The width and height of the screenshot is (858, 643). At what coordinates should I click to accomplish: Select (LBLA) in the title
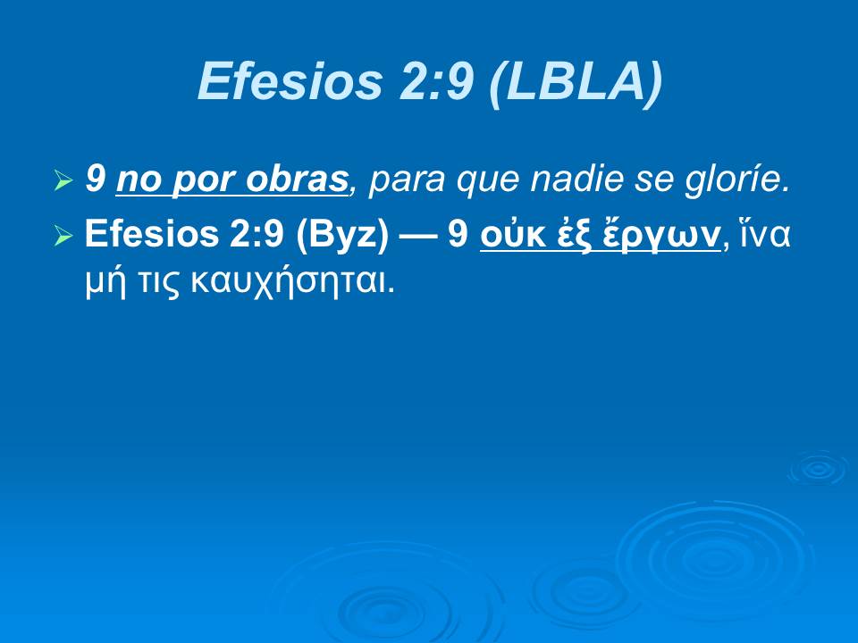[576, 82]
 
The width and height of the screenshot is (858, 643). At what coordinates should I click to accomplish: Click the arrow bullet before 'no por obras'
[63, 182]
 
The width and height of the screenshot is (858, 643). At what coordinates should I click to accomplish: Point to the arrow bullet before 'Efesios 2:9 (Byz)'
[63, 236]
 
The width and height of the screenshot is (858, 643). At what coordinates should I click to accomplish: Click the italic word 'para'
[400, 181]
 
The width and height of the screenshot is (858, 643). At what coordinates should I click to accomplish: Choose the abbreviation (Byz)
[349, 235]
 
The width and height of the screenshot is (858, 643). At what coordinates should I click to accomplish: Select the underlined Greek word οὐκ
[508, 235]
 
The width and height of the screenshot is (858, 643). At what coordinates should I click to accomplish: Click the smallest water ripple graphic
[817, 468]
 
